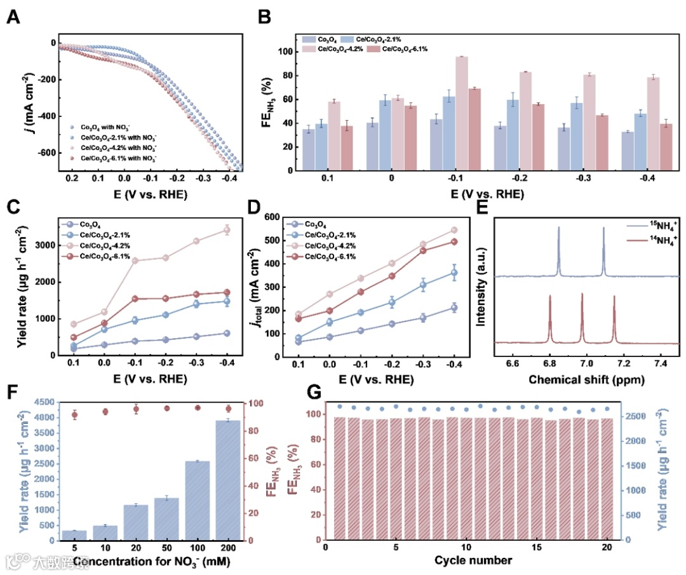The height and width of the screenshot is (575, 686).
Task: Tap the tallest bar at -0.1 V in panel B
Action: [x=461, y=113]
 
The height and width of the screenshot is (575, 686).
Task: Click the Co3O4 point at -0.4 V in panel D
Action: [x=454, y=308]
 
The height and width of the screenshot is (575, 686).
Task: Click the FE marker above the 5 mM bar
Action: [x=74, y=415]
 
